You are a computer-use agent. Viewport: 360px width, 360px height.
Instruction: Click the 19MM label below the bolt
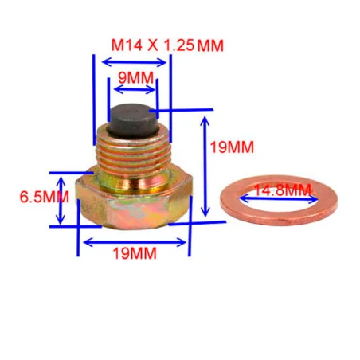(x=135, y=254)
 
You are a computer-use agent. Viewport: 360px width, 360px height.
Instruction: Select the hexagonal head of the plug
(x=134, y=203)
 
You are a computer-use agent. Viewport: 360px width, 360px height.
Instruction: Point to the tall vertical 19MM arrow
(x=205, y=167)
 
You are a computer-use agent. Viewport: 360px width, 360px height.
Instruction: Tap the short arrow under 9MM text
(x=131, y=92)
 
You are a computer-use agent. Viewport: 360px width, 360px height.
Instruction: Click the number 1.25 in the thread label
(x=179, y=45)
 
